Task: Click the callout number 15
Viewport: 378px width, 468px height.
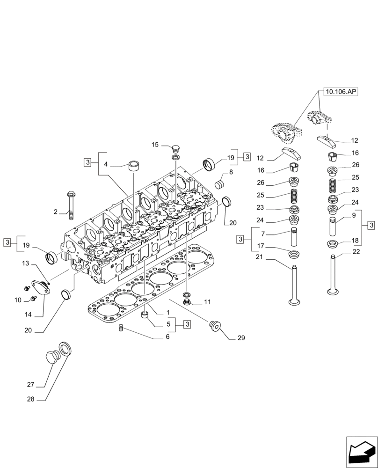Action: pos(155,145)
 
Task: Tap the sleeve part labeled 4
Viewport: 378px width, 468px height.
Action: pos(135,165)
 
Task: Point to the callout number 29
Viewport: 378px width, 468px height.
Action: pos(241,337)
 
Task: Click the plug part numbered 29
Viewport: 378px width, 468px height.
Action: pos(215,326)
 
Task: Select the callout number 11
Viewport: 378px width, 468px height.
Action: pos(207,302)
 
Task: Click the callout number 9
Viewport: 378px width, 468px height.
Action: pos(354,216)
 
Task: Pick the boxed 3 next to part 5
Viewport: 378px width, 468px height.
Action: pos(187,324)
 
